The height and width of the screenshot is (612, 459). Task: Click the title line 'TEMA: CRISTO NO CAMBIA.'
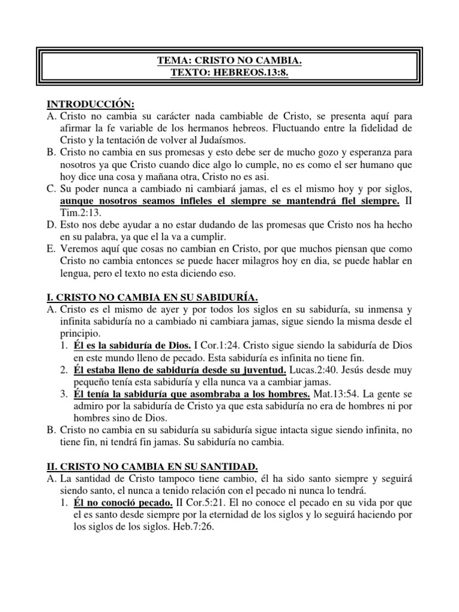pyautogui.click(x=229, y=60)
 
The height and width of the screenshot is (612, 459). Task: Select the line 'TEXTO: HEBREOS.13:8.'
pyautogui.click(x=229, y=72)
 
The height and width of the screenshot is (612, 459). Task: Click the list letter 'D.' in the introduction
pyautogui.click(x=51, y=227)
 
